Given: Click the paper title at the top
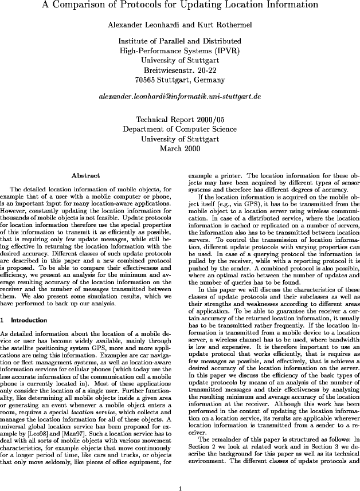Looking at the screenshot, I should pyautogui.click(x=179, y=5).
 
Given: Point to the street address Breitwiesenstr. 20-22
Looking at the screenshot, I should pyautogui.click(x=179, y=69).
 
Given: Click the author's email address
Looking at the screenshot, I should pyautogui.click(x=179, y=98).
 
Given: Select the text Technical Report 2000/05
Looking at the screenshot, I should pyautogui.click(x=179, y=120).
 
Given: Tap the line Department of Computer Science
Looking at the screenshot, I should pyautogui.click(x=179, y=129).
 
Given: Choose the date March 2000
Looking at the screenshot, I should pyautogui.click(x=179, y=148).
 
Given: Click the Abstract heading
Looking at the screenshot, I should pyautogui.click(x=86, y=175).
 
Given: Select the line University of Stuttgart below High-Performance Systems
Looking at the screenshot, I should pyautogui.click(x=179, y=60).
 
